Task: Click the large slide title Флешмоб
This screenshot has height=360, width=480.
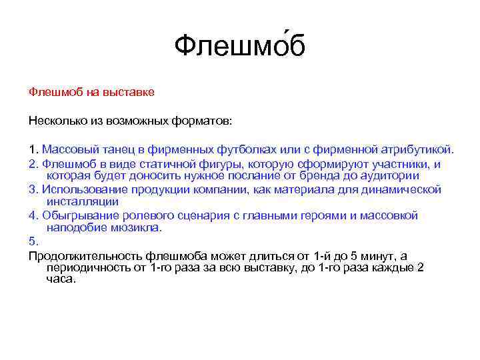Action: point(239,46)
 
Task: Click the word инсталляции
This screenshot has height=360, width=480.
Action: point(83,202)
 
